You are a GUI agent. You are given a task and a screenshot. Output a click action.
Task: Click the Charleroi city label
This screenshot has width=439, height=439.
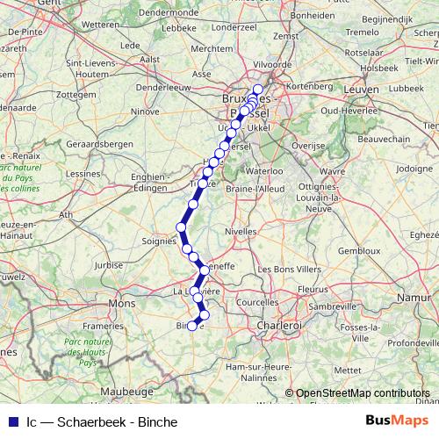278,325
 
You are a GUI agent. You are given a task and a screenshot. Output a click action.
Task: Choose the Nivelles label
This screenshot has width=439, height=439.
242,231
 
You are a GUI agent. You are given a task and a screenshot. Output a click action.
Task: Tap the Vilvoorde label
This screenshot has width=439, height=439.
271,65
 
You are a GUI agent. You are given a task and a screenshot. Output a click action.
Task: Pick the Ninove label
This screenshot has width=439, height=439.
145,112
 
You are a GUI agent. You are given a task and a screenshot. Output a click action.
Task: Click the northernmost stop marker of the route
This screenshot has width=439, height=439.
258,90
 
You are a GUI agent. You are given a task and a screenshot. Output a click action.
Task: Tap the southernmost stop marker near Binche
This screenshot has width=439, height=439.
192,327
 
